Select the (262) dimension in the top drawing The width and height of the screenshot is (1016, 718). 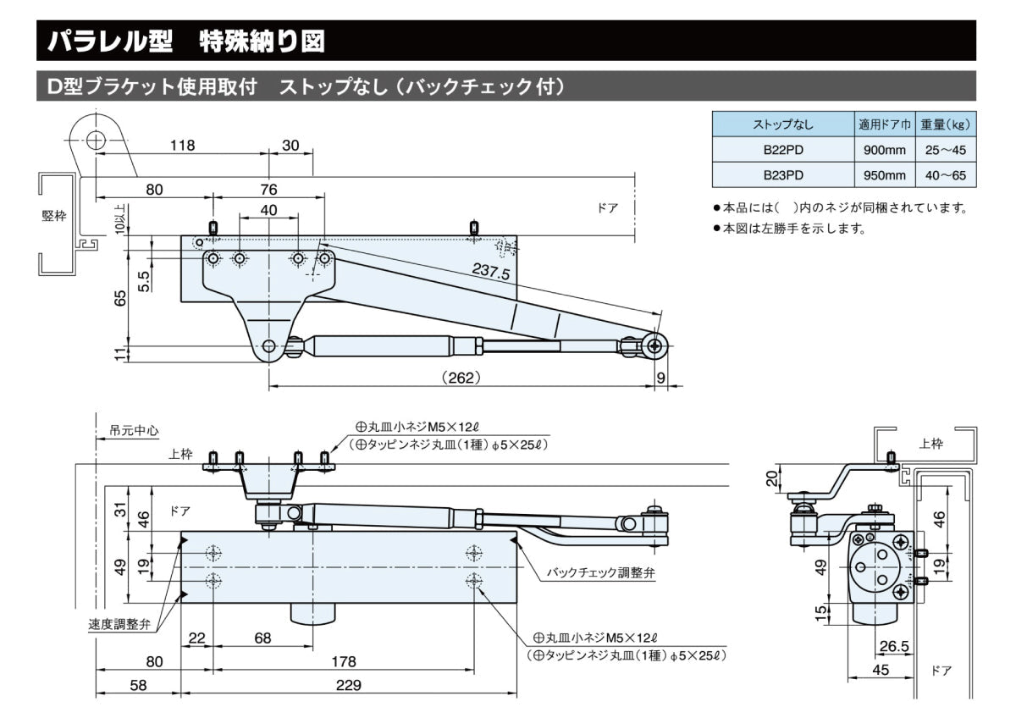(x=461, y=378)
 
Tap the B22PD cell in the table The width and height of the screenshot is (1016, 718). (x=783, y=150)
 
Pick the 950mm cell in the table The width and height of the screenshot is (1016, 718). (x=883, y=175)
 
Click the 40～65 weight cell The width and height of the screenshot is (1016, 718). (x=946, y=175)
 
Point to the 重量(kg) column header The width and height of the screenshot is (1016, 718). (x=946, y=124)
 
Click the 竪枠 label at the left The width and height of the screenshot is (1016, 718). (x=53, y=216)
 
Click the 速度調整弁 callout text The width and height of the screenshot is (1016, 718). (x=119, y=624)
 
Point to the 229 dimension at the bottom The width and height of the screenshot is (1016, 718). (x=348, y=684)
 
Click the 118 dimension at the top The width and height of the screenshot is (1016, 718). (x=181, y=145)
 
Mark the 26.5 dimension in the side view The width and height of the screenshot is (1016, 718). (x=894, y=647)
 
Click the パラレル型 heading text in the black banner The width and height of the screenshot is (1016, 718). (x=106, y=40)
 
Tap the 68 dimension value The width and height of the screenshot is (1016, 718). (x=263, y=638)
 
